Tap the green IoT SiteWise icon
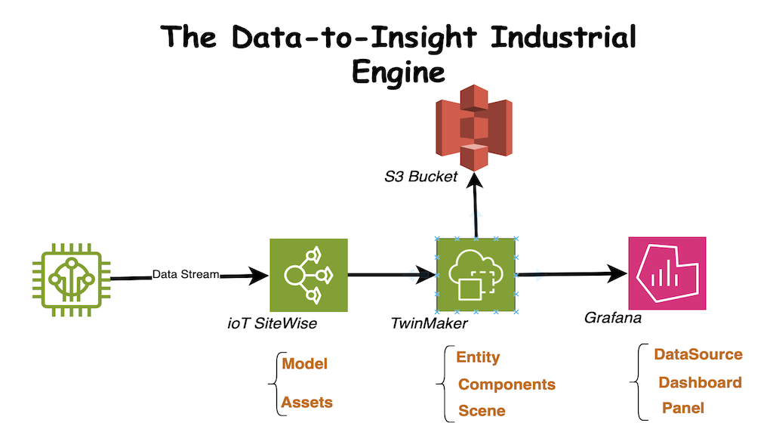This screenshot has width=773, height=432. pos(308,276)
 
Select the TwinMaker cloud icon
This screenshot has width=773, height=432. pos(476,276)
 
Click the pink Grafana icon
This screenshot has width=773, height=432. pos(667,273)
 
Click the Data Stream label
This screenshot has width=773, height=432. pos(186,274)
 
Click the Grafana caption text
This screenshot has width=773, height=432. pos(613,318)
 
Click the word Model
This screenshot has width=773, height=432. pos(304,363)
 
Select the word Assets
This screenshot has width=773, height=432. pos(306,403)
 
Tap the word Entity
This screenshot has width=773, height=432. pos(478,357)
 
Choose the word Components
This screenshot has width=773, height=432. pos(507,384)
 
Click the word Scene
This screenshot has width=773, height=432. pos(482,411)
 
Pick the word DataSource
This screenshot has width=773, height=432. pos(698,354)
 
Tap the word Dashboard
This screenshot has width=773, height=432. pos(700,382)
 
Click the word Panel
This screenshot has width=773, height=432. pos(682,408)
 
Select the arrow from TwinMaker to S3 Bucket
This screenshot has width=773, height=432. pos(475,204)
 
